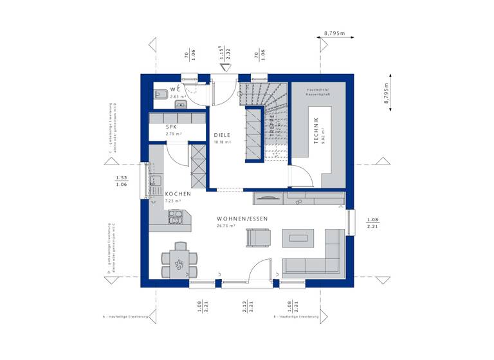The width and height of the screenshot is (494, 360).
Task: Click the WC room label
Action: click(x=175, y=89)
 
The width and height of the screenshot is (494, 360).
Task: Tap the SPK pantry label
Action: click(x=171, y=127)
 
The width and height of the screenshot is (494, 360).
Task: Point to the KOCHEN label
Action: click(x=177, y=194)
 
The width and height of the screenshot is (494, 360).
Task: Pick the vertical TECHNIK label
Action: click(x=316, y=131)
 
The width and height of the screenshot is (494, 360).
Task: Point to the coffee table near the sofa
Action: click(x=299, y=239)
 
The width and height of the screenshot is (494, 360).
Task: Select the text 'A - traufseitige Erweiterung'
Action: click(x=125, y=318)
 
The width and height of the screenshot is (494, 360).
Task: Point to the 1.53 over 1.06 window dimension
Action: click(x=120, y=181)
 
